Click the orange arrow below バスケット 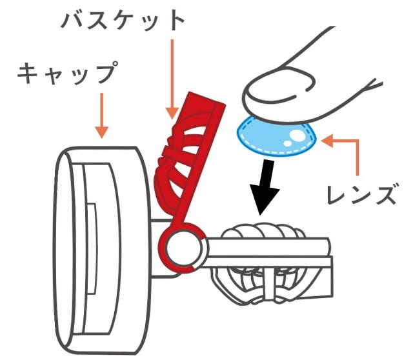pyautogui.click(x=171, y=78)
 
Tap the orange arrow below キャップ pyautogui.click(x=102, y=116)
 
